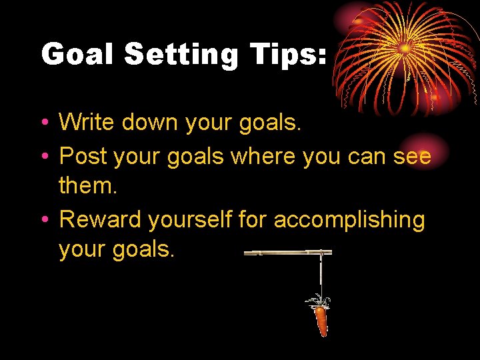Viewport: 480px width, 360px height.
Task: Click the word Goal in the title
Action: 77,54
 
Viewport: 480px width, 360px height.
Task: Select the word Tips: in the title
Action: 288,54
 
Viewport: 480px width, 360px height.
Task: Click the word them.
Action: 87,185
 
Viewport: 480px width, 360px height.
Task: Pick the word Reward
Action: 101,219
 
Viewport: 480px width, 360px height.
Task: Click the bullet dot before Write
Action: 43,123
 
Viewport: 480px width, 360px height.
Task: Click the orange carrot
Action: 321,319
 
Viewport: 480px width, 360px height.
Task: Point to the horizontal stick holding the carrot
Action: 287,253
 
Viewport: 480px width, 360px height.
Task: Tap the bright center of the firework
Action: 405,48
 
